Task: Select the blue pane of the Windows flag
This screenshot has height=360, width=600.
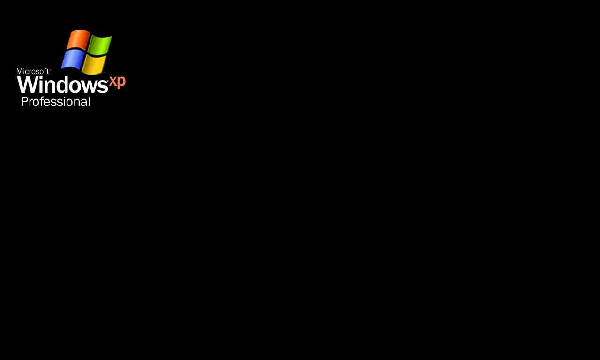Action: point(72,59)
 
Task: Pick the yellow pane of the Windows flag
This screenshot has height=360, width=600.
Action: point(94,65)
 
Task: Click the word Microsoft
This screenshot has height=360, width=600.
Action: point(33,72)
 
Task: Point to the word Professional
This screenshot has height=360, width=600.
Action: point(56,102)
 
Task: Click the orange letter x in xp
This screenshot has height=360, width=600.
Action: point(113,81)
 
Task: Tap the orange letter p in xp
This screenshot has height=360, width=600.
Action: point(121,82)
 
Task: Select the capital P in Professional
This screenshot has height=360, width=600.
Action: point(24,102)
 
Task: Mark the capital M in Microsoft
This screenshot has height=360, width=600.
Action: point(19,72)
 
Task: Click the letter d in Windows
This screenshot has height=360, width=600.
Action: point(60,84)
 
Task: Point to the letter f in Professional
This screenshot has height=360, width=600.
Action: point(41,102)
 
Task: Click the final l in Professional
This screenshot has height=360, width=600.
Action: point(89,102)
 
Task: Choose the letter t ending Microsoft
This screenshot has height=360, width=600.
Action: point(48,72)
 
